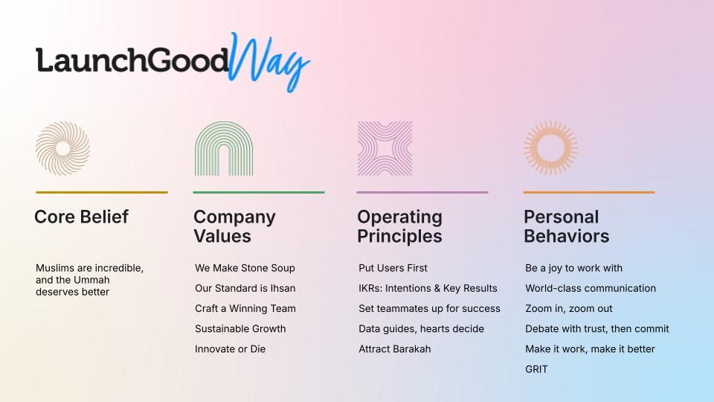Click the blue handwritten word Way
point(268,62)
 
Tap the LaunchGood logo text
point(132,60)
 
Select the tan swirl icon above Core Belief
point(62,148)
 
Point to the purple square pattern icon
point(385,149)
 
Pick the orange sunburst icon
point(550,147)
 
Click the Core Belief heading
point(82,217)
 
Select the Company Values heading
point(234,226)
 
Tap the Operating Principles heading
point(400,226)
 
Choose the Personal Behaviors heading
point(567,226)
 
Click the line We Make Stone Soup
point(245,268)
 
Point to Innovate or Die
point(230,349)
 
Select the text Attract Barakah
point(395,349)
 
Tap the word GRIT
point(536,369)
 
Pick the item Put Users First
point(393,268)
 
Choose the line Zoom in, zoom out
point(569,308)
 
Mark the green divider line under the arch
point(259,192)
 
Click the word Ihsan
point(283,289)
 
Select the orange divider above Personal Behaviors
point(589,192)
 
